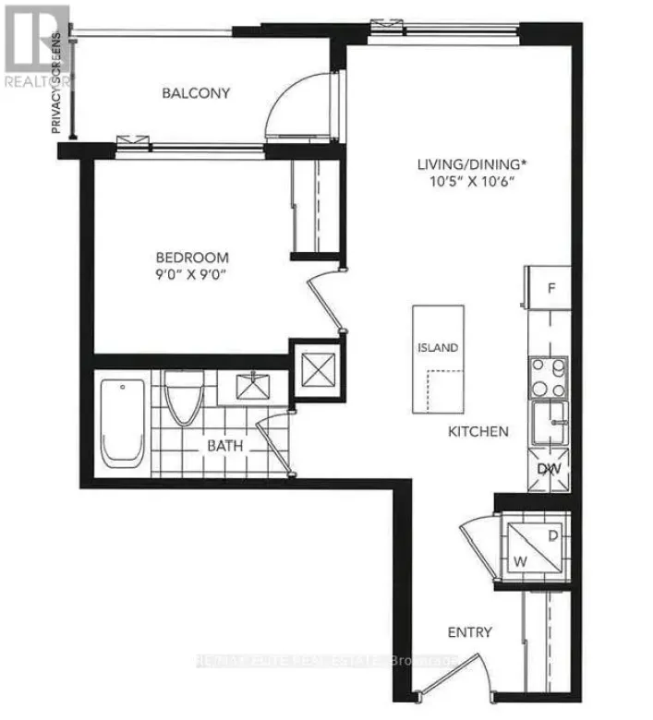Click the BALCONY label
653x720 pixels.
196,93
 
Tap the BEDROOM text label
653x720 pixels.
192,258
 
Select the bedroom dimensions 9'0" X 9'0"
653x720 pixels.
192,274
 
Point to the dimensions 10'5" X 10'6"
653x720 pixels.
471,182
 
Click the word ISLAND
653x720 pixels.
438,348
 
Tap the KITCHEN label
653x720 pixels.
478,431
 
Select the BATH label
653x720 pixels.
224,445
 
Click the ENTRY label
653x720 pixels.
470,632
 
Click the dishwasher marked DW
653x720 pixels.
549,469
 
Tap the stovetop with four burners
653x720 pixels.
549,376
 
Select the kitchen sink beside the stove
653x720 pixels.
550,424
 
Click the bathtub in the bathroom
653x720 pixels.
122,422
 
